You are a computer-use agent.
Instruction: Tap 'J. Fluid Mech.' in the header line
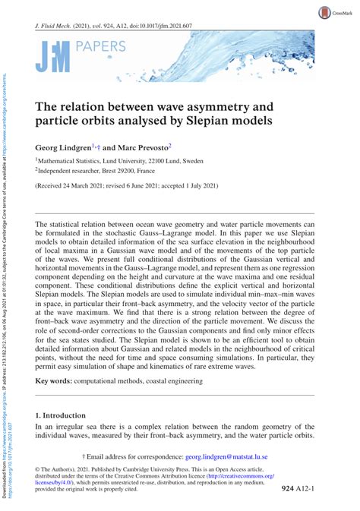point(60,26)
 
